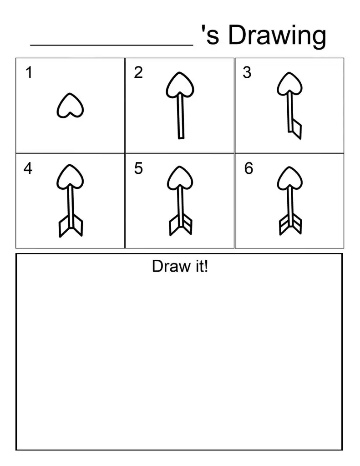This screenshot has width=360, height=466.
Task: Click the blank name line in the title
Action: pyautogui.click(x=112, y=44)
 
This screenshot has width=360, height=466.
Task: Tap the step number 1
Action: pyautogui.click(x=29, y=73)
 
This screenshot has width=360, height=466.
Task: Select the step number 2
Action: pyautogui.click(x=138, y=73)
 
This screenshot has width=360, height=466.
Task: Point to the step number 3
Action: pyautogui.click(x=247, y=73)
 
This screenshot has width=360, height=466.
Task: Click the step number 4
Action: pyautogui.click(x=28, y=169)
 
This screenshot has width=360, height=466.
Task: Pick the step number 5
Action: pyautogui.click(x=138, y=169)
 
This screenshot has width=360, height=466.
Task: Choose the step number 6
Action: pyautogui.click(x=248, y=169)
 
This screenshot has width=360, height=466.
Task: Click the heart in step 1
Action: pyautogui.click(x=70, y=106)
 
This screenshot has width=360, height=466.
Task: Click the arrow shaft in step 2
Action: pyautogui.click(x=181, y=116)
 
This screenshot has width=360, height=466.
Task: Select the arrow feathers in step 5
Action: pyautogui.click(x=180, y=225)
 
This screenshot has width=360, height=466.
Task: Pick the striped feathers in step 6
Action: pyautogui.click(x=290, y=225)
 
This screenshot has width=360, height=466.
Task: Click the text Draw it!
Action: pyautogui.click(x=180, y=266)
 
